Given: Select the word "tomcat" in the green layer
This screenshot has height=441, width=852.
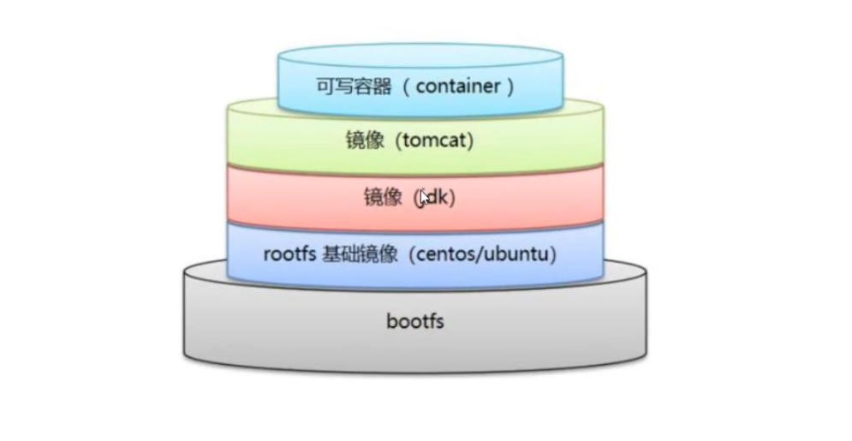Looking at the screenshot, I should (x=435, y=140).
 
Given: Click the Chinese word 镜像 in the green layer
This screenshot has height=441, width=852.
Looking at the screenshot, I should (x=365, y=140).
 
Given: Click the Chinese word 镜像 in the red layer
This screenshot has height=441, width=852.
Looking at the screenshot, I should (x=382, y=198).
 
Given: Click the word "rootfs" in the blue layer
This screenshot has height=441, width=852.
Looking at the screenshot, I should (x=289, y=254).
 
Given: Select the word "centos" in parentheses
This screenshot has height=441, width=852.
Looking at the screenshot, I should (x=448, y=254).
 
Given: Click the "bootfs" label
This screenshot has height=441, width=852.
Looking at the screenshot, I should (x=415, y=323).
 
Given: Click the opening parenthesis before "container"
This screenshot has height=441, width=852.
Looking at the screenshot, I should (x=409, y=86).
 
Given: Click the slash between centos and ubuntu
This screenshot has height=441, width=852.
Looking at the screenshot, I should (x=482, y=254).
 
